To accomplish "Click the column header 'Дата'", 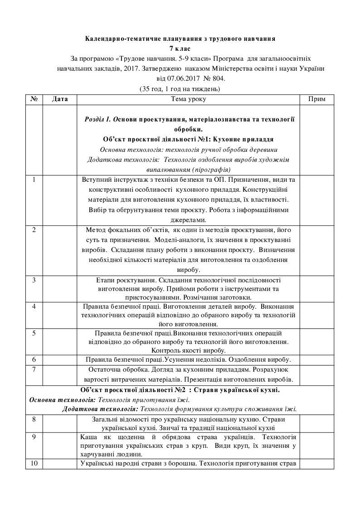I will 60,99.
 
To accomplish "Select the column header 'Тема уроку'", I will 188,99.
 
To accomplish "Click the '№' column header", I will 34,99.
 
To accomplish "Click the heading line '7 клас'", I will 180,48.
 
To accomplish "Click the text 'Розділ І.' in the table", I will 97,119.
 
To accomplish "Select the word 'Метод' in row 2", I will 96,229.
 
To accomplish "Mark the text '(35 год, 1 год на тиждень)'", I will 180,88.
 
